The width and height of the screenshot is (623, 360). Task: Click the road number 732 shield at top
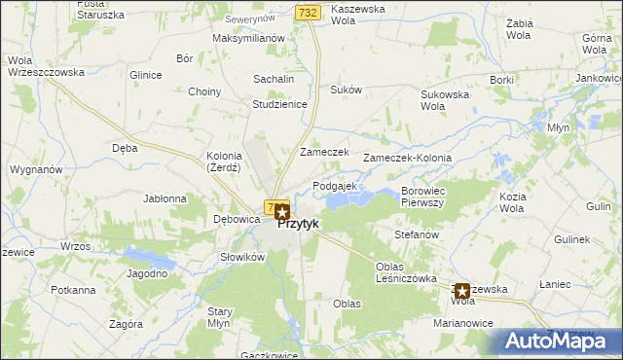click(308, 11)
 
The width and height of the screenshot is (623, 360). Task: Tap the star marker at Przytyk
click(282, 210)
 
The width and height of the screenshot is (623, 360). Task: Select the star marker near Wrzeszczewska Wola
click(462, 290)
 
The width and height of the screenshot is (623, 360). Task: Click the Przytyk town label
click(299, 224)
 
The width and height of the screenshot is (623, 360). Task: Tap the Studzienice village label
click(279, 104)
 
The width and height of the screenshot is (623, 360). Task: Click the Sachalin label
click(274, 79)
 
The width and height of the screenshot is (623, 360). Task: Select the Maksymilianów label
click(248, 39)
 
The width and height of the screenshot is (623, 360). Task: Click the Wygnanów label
click(36, 169)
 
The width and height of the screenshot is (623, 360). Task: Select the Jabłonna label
click(165, 198)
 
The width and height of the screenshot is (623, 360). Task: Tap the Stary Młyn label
click(220, 317)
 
